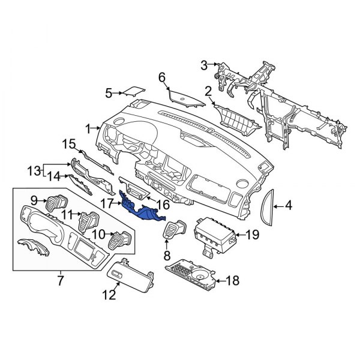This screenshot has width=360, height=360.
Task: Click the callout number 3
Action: [203, 64]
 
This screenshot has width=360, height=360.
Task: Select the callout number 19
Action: [252, 235]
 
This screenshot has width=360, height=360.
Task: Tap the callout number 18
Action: [232, 280]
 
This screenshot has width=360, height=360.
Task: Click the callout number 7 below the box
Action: [60, 280]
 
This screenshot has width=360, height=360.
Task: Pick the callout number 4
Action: [288, 207]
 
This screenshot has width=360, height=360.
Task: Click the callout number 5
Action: [109, 93]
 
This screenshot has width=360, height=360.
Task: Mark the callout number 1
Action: [88, 128]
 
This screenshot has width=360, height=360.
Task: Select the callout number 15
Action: [69, 143]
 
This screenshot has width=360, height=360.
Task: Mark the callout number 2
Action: [208, 92]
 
